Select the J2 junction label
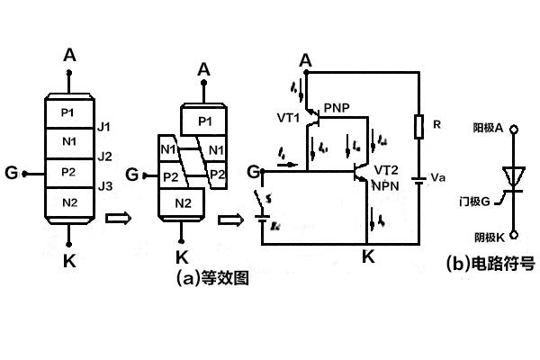coord(105,156)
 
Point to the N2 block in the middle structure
coord(184,203)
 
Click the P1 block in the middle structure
coord(204,120)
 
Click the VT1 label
coord(290,117)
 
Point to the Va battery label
coord(438,177)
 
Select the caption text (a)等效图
coord(213,278)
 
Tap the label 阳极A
coord(485,128)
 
